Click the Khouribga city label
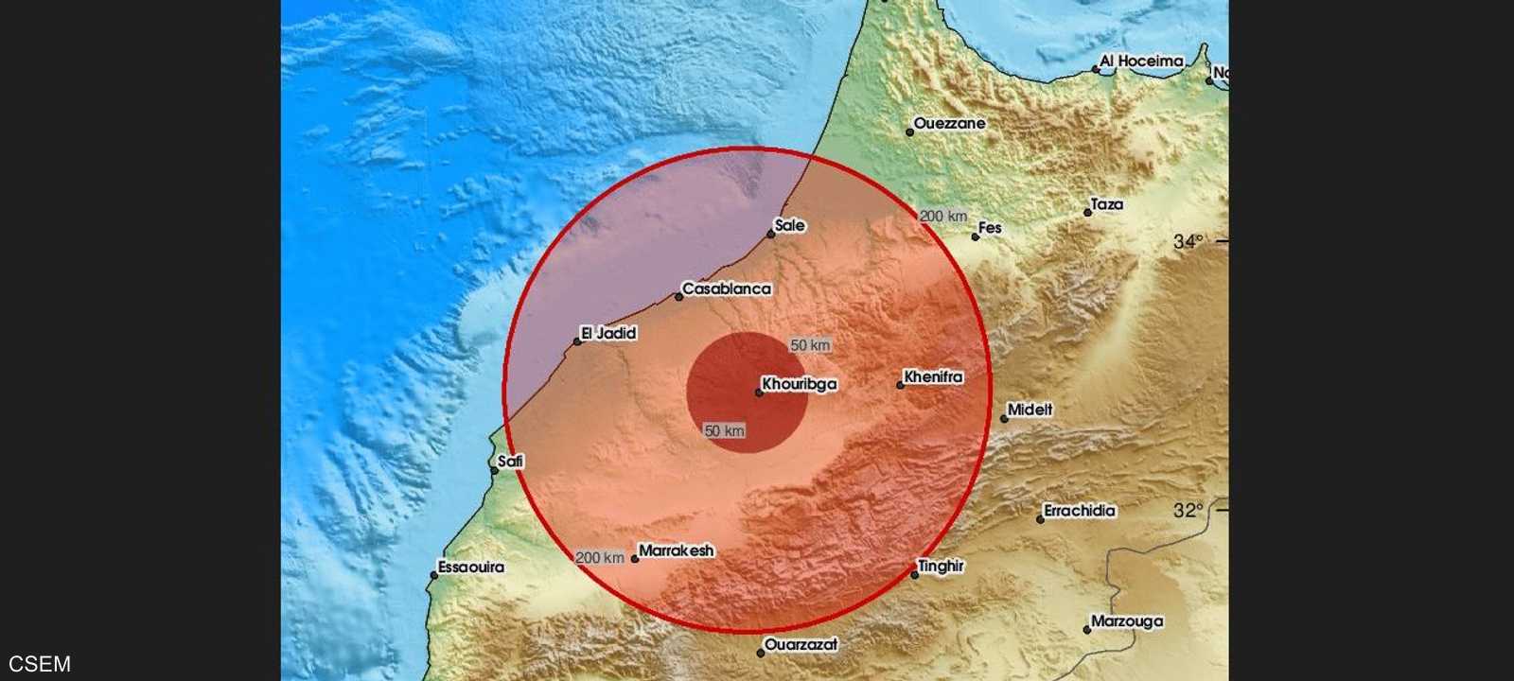click(x=800, y=385)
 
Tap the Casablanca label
click(x=727, y=288)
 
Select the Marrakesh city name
click(x=677, y=550)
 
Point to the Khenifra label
click(x=933, y=376)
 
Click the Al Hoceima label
click(x=1142, y=61)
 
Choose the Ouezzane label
click(x=950, y=123)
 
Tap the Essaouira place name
click(x=471, y=567)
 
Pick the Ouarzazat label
click(x=801, y=645)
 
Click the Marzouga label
click(x=1127, y=621)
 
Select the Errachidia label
click(x=1080, y=511)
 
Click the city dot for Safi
click(x=494, y=469)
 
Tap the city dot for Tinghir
click(x=915, y=574)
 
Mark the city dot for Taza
click(x=1088, y=212)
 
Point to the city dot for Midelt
click(x=1005, y=418)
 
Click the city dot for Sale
click(x=771, y=234)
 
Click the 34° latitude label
click(x=1188, y=241)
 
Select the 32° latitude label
click(x=1188, y=511)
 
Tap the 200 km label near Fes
click(x=943, y=216)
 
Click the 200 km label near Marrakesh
click(x=600, y=558)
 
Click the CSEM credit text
click(x=40, y=664)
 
